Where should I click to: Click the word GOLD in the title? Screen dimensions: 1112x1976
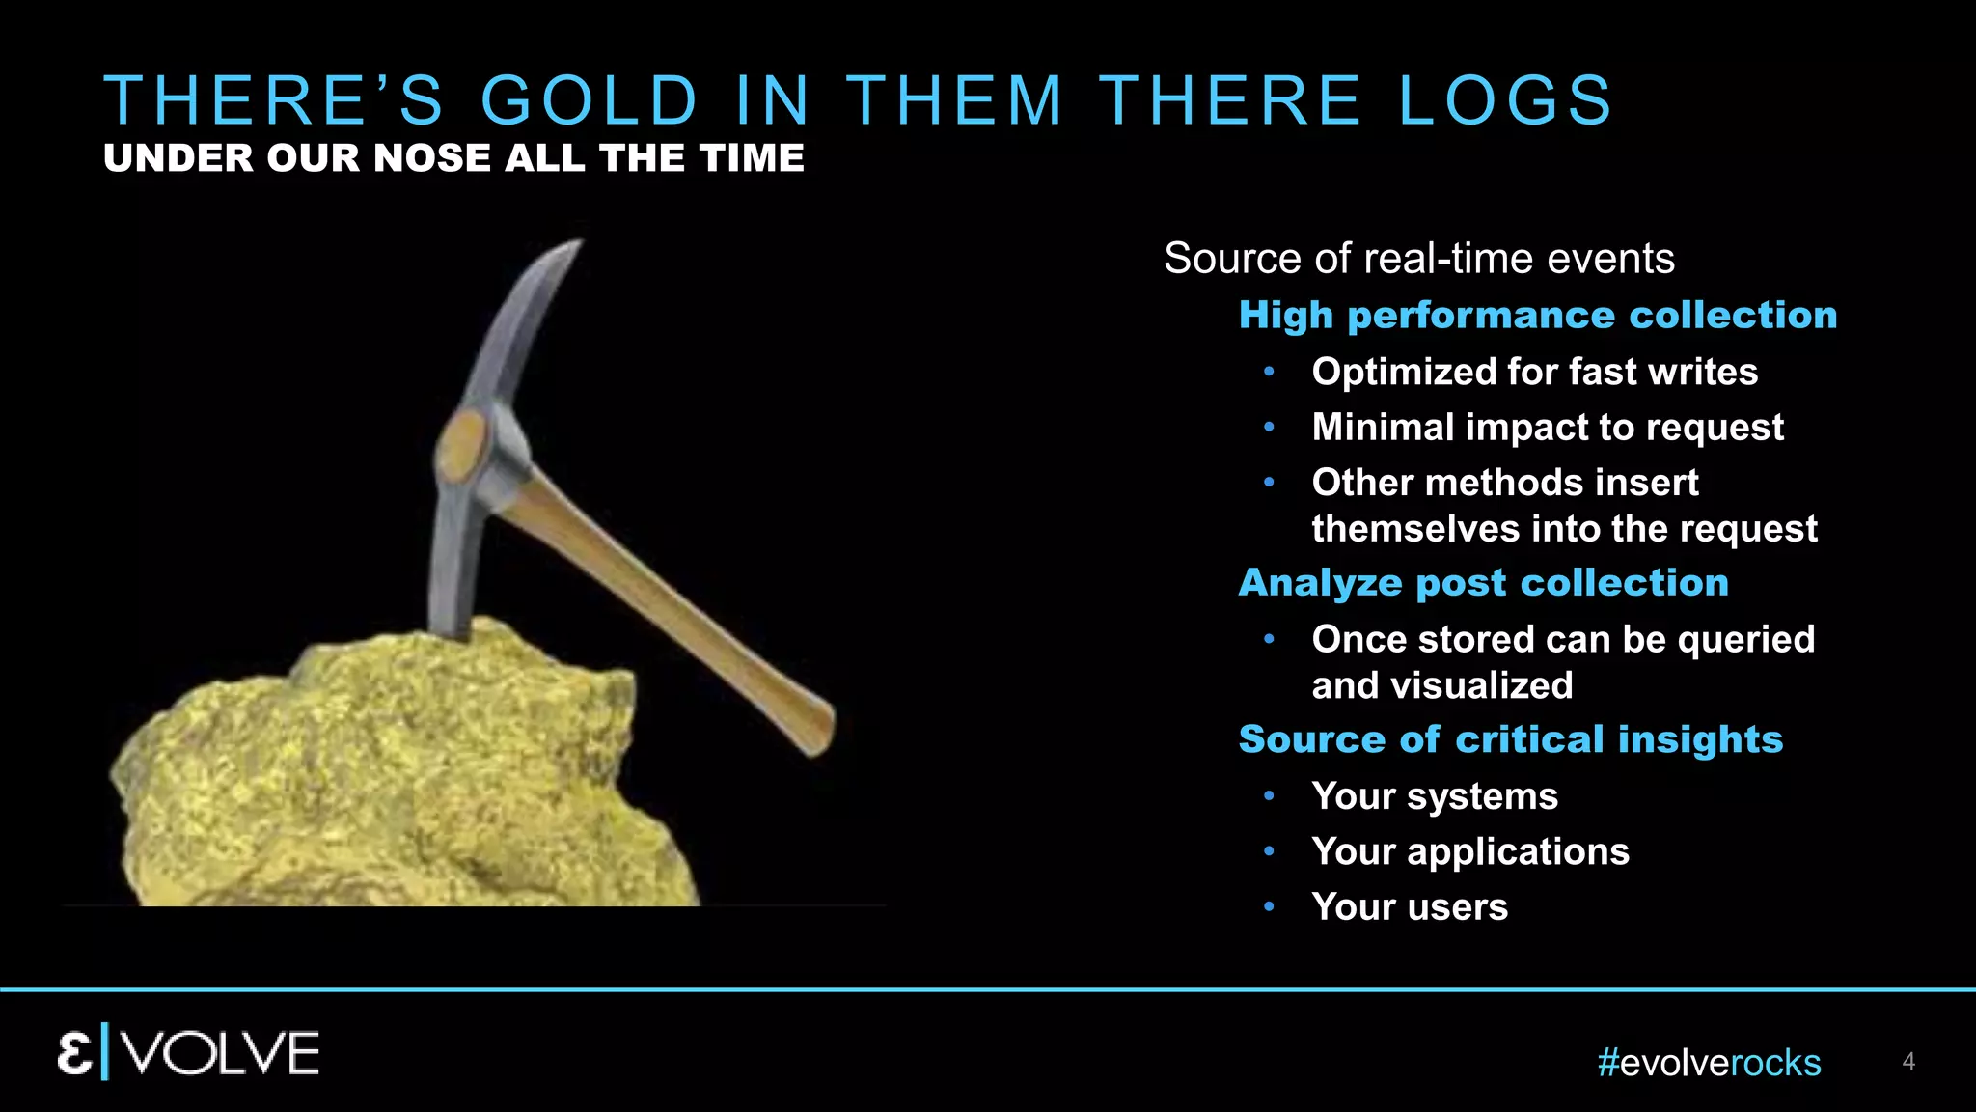[x=589, y=100]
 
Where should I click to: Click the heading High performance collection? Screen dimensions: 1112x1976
[x=1537, y=316]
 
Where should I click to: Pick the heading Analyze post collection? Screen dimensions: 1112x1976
[x=1483, y=583]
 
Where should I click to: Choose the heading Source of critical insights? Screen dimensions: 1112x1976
[x=1510, y=739]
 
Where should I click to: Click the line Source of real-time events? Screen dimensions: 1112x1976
[x=1418, y=259]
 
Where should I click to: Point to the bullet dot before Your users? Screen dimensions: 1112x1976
[x=1270, y=906]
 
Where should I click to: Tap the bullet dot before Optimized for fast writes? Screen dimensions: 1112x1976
[x=1270, y=372]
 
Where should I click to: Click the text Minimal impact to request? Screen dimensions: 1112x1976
[x=1547, y=428]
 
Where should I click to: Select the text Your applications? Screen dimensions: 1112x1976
[x=1469, y=851]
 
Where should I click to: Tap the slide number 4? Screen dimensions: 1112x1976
[x=1907, y=1062]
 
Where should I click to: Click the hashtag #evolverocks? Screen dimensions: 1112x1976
[x=1708, y=1063]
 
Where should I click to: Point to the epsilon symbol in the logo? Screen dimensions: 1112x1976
[x=75, y=1053]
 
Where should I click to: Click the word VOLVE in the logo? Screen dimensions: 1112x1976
[x=222, y=1053]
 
